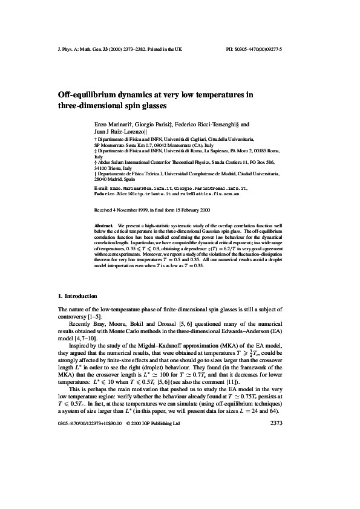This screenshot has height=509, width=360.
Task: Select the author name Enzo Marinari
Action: coord(111,123)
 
